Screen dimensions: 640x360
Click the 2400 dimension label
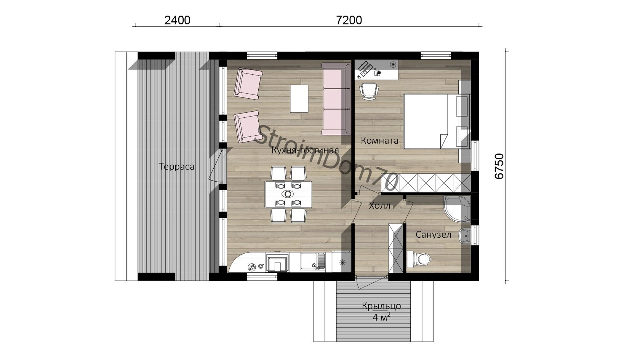[x=177, y=20]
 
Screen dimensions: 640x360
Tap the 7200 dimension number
[x=349, y=20]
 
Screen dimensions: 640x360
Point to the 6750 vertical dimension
[x=499, y=166]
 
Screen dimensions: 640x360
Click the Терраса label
[x=176, y=166]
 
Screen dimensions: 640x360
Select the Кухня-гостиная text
[x=305, y=150]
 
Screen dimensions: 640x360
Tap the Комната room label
[x=379, y=140]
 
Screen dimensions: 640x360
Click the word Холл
[x=379, y=205]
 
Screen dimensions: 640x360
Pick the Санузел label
[x=434, y=235]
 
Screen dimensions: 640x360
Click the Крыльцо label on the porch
[x=381, y=306]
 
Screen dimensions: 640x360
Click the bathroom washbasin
[x=465, y=236]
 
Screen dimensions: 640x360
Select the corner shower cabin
[x=457, y=209]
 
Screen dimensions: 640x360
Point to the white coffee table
[x=299, y=99]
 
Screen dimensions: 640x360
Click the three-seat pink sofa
[x=336, y=99]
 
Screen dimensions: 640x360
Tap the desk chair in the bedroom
[x=369, y=91]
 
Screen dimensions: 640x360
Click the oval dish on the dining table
[x=288, y=194]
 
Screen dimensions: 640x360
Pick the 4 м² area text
[x=381, y=317]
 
